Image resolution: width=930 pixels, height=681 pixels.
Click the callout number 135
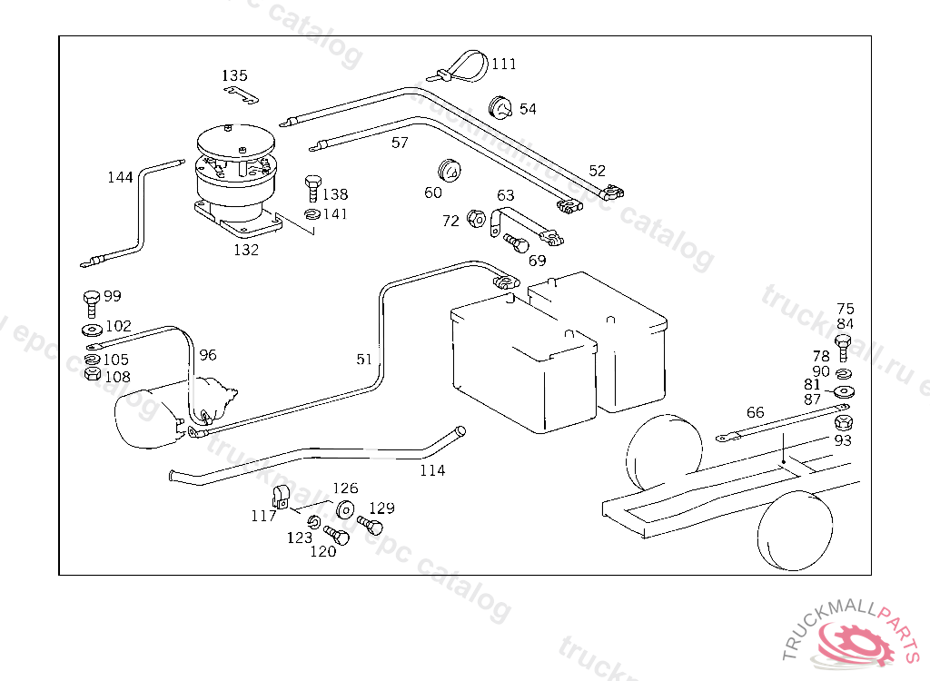[234, 75]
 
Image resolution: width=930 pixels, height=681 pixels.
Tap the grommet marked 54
[500, 106]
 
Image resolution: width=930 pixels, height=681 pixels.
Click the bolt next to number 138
[312, 186]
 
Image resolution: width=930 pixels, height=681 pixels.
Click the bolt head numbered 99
[91, 300]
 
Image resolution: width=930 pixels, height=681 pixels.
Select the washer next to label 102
[92, 329]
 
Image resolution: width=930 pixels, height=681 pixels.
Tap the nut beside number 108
[92, 375]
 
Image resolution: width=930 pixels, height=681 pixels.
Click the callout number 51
[364, 360]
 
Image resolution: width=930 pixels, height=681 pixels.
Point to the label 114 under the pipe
[432, 470]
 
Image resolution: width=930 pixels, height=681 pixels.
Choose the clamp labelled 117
[281, 498]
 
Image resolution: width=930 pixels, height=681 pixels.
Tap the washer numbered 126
[345, 509]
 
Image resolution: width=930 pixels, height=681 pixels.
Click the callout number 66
[755, 412]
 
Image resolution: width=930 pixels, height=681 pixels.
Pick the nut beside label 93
[842, 424]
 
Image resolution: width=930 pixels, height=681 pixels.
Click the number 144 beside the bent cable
[120, 177]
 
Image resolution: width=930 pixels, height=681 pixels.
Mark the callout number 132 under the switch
[246, 250]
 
